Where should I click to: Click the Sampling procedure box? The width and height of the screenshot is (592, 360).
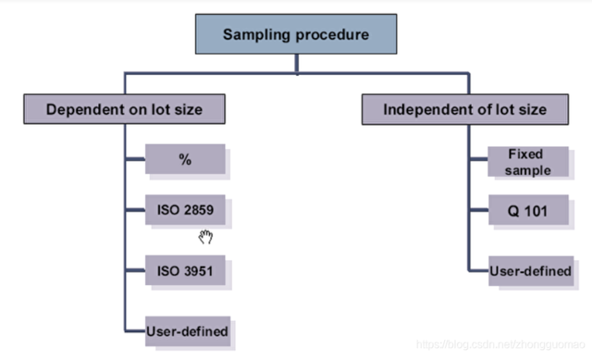295,36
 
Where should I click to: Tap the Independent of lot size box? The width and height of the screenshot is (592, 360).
464,109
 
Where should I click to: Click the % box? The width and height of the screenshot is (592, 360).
185,159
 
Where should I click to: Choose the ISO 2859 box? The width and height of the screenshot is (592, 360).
185,210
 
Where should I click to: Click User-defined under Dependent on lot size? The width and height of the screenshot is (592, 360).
186,329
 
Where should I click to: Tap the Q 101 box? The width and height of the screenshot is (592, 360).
524,211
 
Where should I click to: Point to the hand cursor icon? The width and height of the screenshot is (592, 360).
205,237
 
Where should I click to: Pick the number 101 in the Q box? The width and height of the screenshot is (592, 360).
533,211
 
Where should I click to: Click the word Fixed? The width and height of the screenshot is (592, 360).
524,154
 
